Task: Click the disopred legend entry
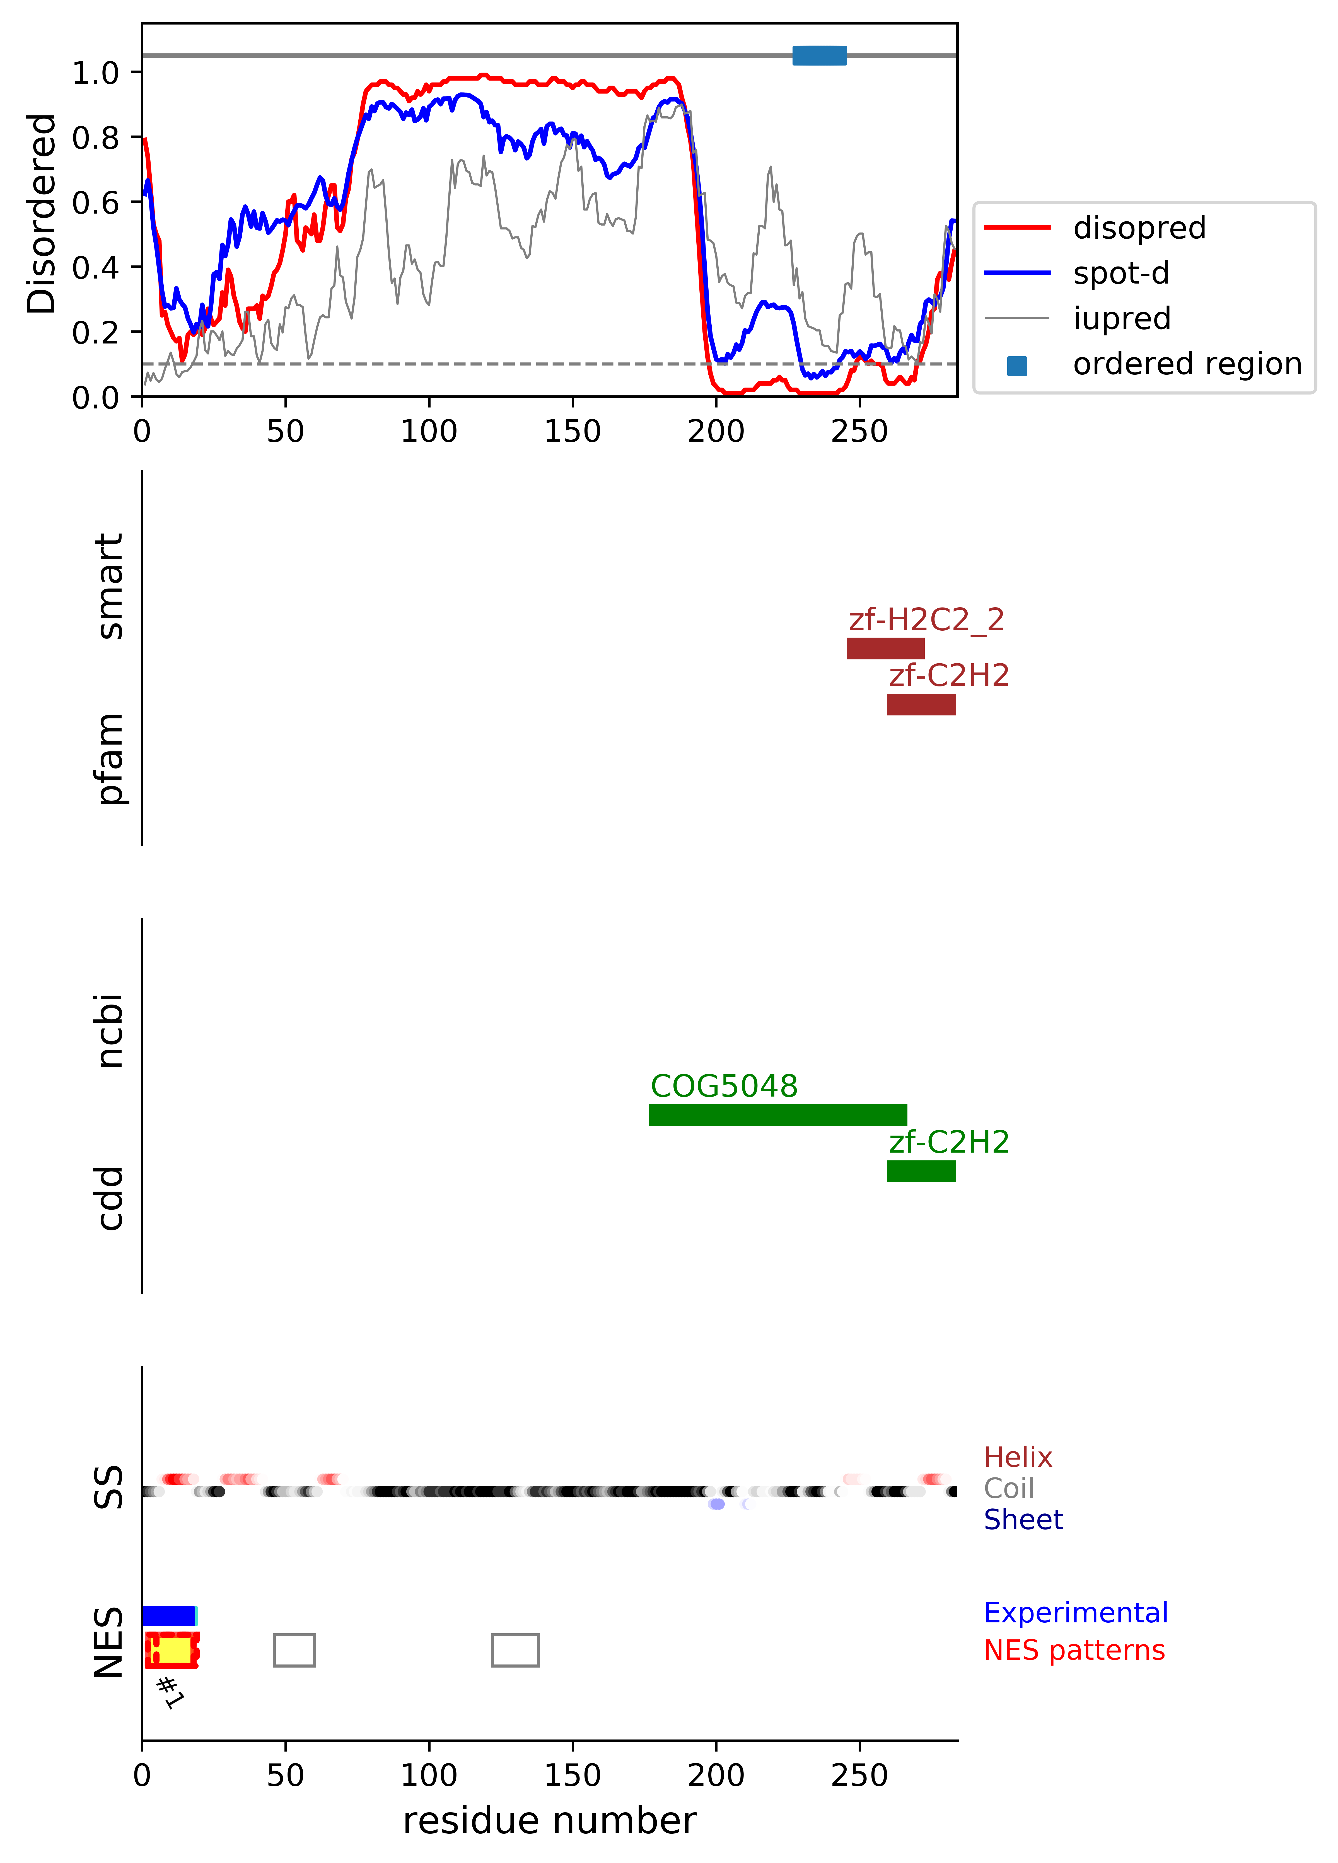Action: click(x=1138, y=228)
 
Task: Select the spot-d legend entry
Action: click(x=1120, y=273)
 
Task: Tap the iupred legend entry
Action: click(x=1121, y=318)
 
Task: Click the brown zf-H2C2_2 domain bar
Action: click(x=885, y=648)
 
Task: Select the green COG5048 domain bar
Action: click(x=778, y=1115)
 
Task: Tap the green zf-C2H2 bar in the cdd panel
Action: click(x=921, y=1170)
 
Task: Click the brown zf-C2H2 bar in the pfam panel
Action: click(x=921, y=704)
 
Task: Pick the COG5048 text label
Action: click(x=724, y=1086)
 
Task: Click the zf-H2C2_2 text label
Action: click(x=926, y=619)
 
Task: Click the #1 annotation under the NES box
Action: click(x=170, y=1692)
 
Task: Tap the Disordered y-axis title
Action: click(x=41, y=214)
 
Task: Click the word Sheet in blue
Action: click(x=1023, y=1520)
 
